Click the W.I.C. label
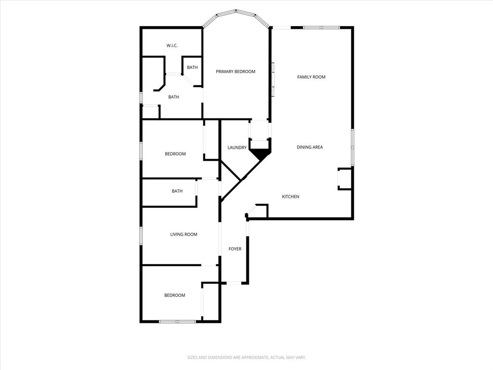click(172, 46)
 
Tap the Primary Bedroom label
click(235, 72)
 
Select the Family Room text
click(311, 77)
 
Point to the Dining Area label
click(310, 147)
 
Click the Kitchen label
click(290, 197)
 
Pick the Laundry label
click(237, 148)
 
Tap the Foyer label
click(235, 249)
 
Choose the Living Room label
click(183, 235)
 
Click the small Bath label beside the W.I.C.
click(192, 67)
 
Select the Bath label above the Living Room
click(177, 191)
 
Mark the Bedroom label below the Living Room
click(174, 295)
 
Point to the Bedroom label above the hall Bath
click(175, 154)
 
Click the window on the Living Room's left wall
click(141, 236)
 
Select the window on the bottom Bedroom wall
click(178, 321)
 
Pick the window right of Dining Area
click(352, 147)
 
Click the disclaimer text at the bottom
click(246, 357)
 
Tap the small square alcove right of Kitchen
click(345, 179)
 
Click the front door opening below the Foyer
click(234, 283)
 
